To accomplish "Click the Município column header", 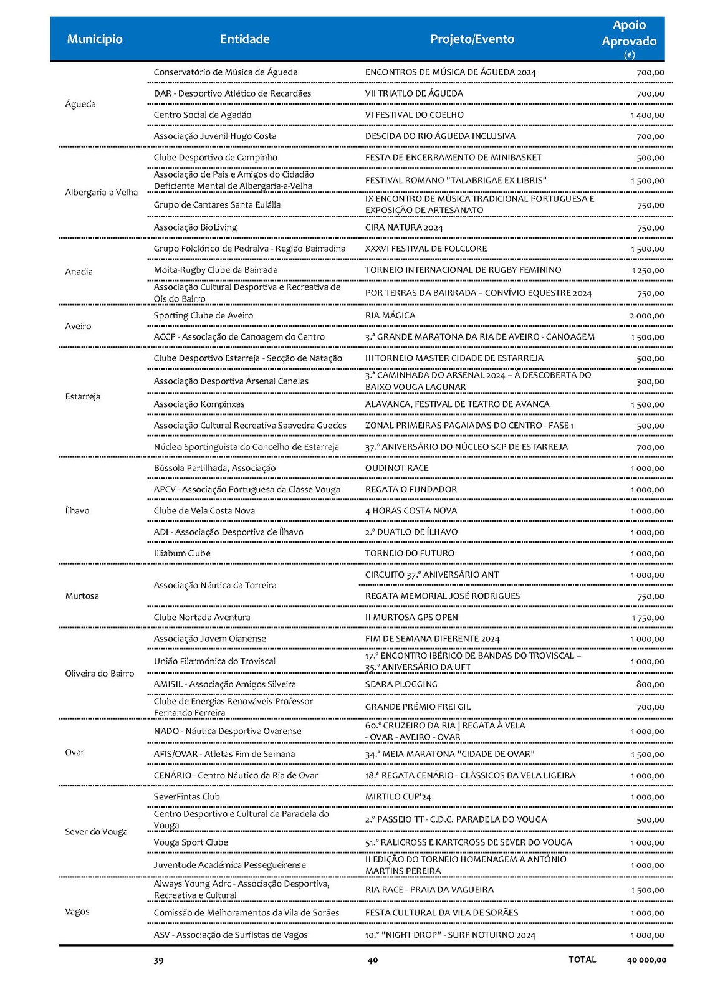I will pyautogui.click(x=95, y=39).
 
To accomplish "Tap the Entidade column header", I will pyautogui.click(x=244, y=39).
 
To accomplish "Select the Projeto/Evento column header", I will pyautogui.click(x=472, y=39).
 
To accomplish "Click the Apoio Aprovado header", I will pyautogui.click(x=628, y=34).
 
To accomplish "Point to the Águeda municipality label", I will pyautogui.click(x=80, y=104).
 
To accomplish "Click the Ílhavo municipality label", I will pyautogui.click(x=77, y=511).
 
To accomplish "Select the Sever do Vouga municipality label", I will pyautogui.click(x=96, y=832).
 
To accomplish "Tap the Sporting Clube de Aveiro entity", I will pyautogui.click(x=203, y=316).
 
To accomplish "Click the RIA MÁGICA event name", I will pyautogui.click(x=390, y=316).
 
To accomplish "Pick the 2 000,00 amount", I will pyautogui.click(x=646, y=316).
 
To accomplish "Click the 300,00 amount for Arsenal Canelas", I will pyautogui.click(x=650, y=381).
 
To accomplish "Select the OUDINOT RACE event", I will pyautogui.click(x=396, y=469).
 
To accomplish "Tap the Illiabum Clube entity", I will pyautogui.click(x=182, y=553).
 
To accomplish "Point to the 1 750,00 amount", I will pyautogui.click(x=647, y=618).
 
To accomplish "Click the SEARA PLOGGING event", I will pyautogui.click(x=401, y=684).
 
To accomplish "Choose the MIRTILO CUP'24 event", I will pyautogui.click(x=398, y=797).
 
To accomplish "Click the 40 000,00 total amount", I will pyautogui.click(x=646, y=960).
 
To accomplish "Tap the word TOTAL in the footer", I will pyautogui.click(x=582, y=960).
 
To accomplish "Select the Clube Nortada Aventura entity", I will pyautogui.click(x=202, y=618).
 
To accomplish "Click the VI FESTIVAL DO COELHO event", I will pyautogui.click(x=415, y=115).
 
